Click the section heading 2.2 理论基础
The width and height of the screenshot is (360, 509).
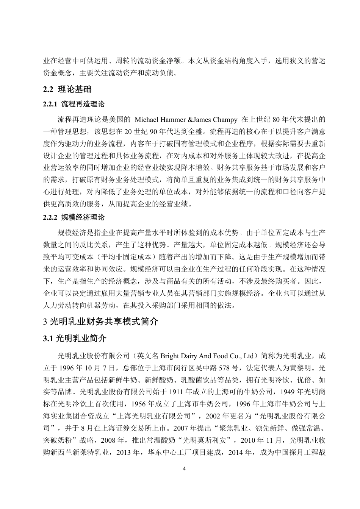pyautogui.click(x=67, y=90)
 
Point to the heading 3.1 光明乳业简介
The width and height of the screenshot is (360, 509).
pyautogui.click(x=75, y=339)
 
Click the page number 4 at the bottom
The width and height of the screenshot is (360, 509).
pyautogui.click(x=184, y=469)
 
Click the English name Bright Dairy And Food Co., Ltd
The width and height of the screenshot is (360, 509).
pyautogui.click(x=207, y=356)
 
